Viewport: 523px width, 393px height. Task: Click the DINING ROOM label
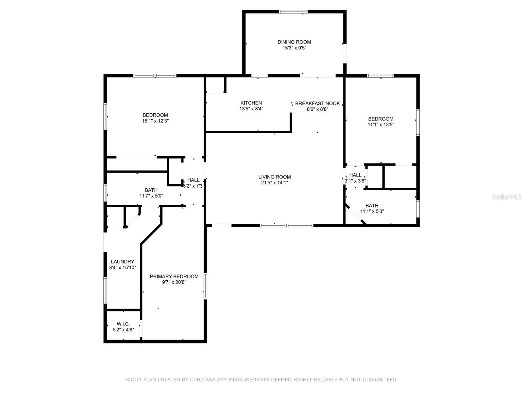click(x=294, y=42)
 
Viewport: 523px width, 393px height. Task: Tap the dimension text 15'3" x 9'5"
click(x=294, y=48)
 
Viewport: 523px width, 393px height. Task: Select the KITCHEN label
click(x=251, y=103)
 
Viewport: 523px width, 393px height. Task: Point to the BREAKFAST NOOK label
click(x=317, y=103)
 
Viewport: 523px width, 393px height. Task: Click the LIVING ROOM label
click(x=275, y=177)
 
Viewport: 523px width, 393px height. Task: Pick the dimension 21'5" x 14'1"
click(x=275, y=182)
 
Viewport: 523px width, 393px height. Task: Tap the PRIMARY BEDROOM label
click(x=174, y=276)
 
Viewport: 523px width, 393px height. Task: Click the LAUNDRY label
click(x=123, y=262)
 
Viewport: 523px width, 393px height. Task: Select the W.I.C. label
click(x=123, y=324)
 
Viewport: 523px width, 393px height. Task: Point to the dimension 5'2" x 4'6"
click(x=123, y=329)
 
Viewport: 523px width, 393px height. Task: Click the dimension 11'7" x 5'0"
click(x=151, y=196)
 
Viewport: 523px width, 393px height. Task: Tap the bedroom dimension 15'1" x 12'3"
click(x=155, y=121)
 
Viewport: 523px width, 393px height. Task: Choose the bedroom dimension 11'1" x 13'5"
click(x=381, y=124)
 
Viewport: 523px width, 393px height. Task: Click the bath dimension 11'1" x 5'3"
click(x=372, y=211)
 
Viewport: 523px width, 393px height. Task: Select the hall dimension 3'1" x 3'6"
click(x=355, y=181)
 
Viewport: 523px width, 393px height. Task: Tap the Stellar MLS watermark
click(x=507, y=196)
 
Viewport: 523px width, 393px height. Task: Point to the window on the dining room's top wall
click(x=293, y=11)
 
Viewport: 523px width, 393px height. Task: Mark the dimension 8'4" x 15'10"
click(x=123, y=267)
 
